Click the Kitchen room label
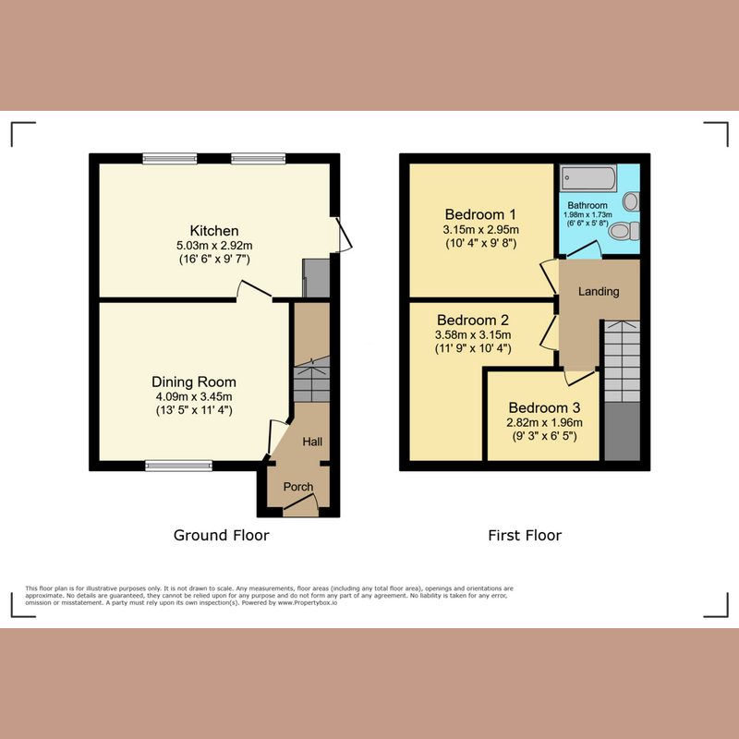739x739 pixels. click(214, 230)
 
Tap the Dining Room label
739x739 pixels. click(194, 382)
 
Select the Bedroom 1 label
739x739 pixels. click(480, 214)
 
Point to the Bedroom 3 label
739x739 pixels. click(544, 407)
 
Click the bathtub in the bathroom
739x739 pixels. click(588, 177)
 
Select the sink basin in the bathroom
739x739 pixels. click(631, 201)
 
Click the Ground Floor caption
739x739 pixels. click(221, 535)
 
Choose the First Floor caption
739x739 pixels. click(525, 535)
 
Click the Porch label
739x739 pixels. click(297, 487)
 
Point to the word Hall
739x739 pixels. click(312, 442)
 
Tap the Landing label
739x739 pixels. click(599, 291)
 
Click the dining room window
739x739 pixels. click(178, 466)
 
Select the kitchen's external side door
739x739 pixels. click(344, 235)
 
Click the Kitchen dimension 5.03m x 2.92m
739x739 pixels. click(214, 246)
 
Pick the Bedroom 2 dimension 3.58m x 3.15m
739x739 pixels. click(473, 335)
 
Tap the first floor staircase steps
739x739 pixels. click(622, 361)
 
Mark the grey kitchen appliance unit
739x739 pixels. click(316, 278)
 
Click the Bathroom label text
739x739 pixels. click(588, 205)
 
